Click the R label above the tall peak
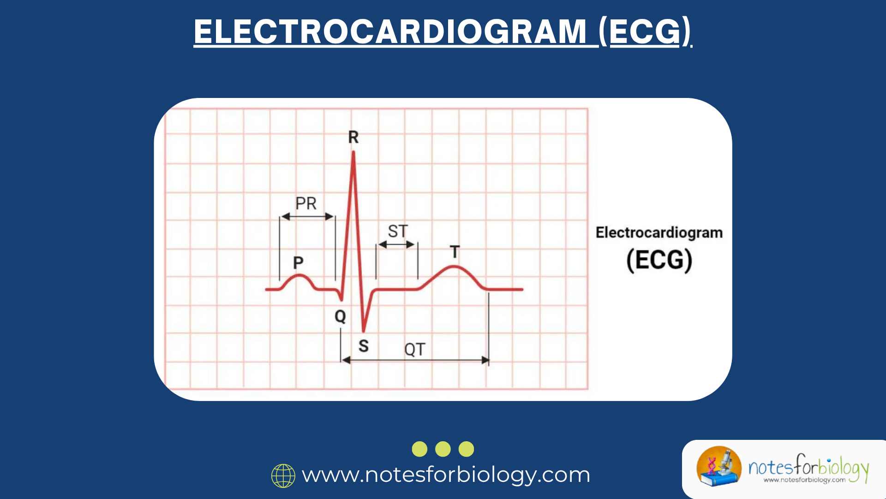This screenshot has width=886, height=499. click(x=353, y=137)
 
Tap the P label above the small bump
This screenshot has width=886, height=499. click(x=298, y=263)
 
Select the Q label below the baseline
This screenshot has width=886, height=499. click(x=340, y=316)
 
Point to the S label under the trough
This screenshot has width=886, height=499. click(x=364, y=346)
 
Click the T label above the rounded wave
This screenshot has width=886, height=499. click(x=455, y=252)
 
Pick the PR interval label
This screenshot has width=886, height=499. click(x=306, y=203)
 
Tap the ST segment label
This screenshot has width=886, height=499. click(x=398, y=231)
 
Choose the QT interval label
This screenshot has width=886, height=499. click(x=414, y=349)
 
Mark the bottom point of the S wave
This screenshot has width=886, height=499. click(x=364, y=331)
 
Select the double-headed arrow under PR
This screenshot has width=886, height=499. click(x=307, y=216)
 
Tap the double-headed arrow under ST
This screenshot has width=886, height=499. click(x=396, y=244)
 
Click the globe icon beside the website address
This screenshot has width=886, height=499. click(x=283, y=476)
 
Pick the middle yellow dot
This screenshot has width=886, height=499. click(x=443, y=449)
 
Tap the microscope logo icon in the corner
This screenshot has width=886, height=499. click(x=718, y=467)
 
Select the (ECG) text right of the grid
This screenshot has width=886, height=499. click(x=659, y=260)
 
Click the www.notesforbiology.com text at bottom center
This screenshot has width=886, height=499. click(x=446, y=475)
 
